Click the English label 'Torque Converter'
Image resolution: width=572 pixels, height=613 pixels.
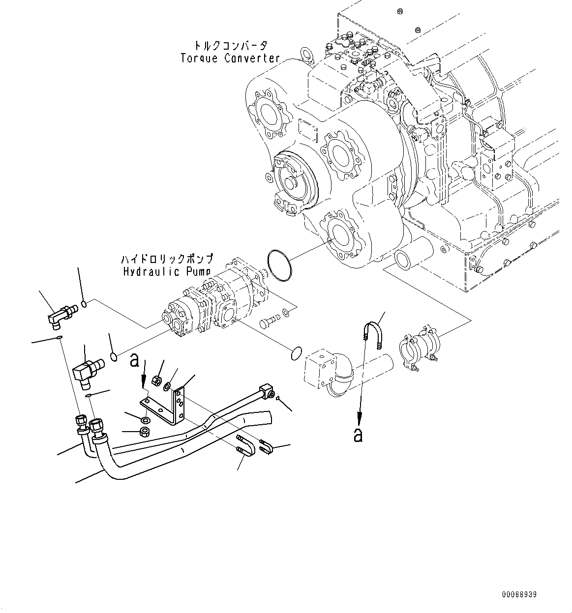click(230, 58)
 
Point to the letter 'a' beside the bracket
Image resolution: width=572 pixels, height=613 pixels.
click(134, 361)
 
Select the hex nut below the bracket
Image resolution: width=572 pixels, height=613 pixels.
click(146, 432)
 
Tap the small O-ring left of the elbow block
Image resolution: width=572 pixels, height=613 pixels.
click(295, 353)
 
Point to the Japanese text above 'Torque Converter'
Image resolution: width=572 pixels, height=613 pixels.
click(230, 46)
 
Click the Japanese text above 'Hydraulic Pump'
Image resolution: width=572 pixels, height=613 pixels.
click(167, 259)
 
